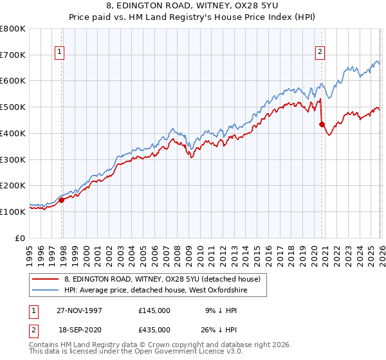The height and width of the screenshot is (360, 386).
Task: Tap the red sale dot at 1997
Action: tap(62, 200)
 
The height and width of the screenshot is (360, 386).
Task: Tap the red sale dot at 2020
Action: tap(322, 124)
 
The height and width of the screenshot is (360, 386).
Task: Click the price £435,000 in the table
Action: tap(154, 329)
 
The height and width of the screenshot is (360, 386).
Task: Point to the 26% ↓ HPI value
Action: tap(221, 329)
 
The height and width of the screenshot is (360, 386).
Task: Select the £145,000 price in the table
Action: tap(154, 310)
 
